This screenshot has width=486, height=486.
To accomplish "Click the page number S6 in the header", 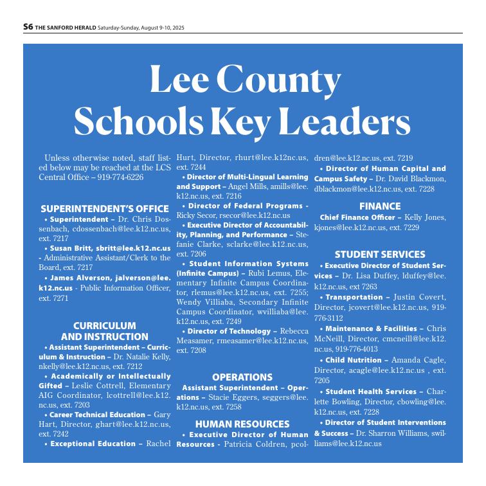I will (28, 27).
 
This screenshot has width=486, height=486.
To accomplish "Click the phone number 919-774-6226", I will (120, 177).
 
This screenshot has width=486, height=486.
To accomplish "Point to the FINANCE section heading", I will (379, 206).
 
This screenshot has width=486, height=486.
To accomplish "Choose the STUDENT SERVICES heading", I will (379, 254).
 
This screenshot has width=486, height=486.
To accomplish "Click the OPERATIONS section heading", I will (242, 377).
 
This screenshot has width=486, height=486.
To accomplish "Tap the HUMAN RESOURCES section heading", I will (242, 424).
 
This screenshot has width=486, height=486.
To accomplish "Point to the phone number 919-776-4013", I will (354, 349).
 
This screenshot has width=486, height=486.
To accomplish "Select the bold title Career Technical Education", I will (100, 415).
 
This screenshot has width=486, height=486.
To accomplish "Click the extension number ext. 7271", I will (53, 299).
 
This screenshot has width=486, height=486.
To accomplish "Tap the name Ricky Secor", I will (192, 215).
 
